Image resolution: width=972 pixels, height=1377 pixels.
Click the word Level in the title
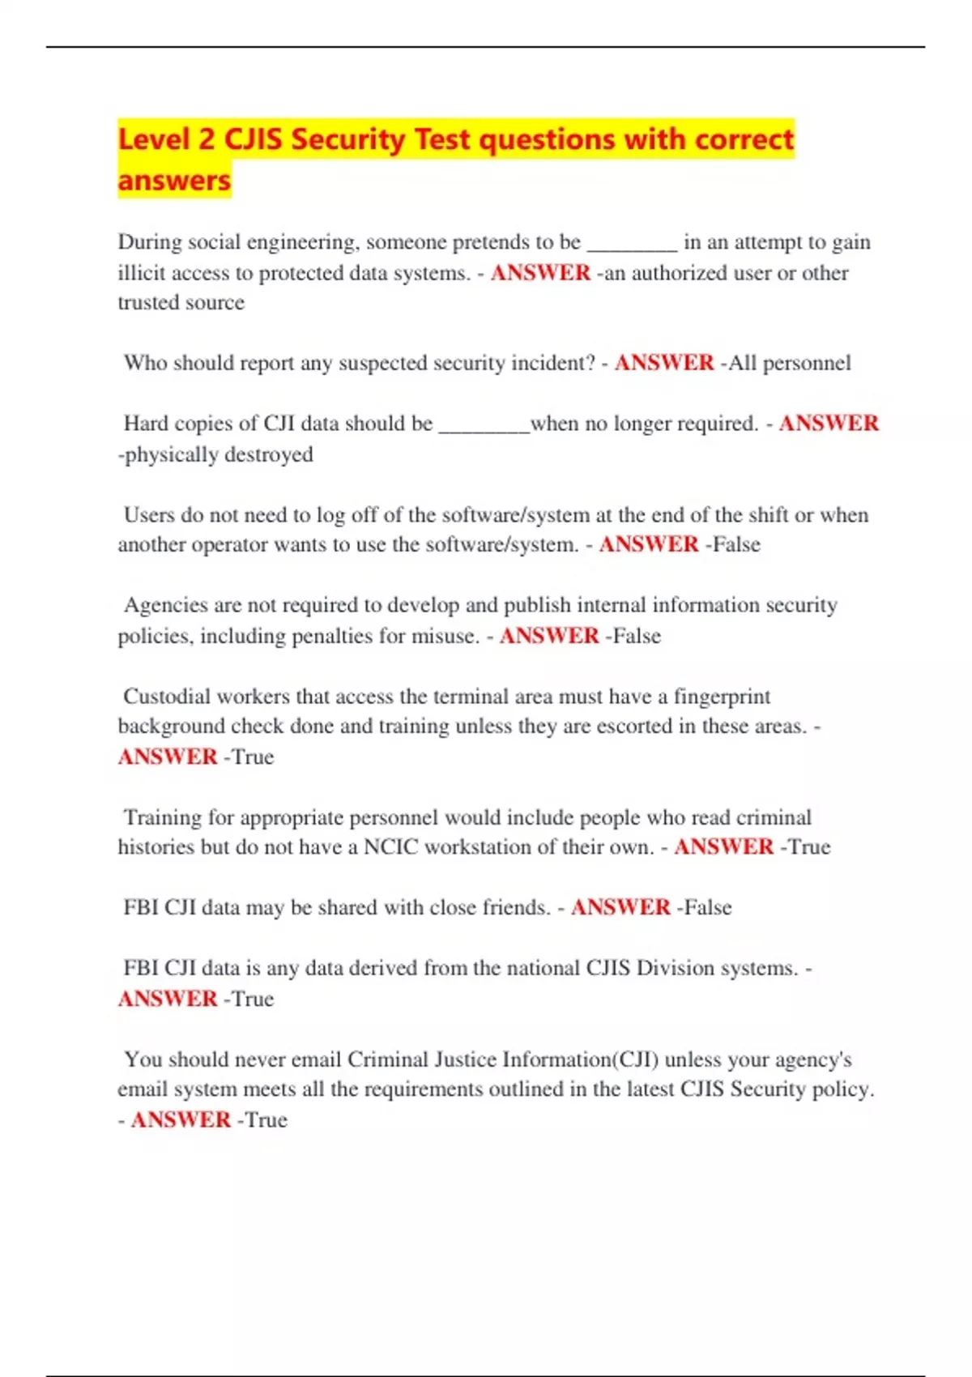[154, 139]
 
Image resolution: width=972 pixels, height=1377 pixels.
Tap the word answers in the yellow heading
[174, 180]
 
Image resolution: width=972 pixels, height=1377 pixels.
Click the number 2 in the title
[207, 139]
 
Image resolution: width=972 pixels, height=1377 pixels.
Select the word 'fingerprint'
[722, 697]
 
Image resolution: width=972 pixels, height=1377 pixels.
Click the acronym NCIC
[391, 847]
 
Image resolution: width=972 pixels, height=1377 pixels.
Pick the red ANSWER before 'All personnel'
[664, 363]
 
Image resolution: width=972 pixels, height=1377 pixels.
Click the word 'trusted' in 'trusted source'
[147, 303]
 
